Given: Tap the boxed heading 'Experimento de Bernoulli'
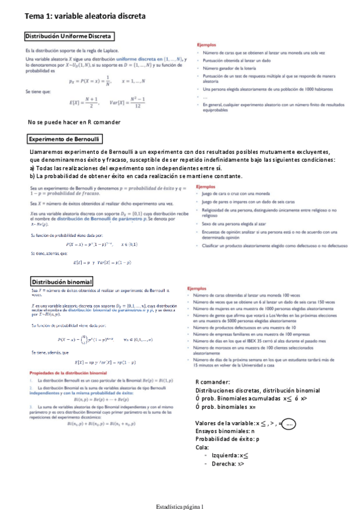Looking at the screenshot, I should [x=64, y=139].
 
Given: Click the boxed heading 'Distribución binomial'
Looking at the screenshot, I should [x=61, y=281].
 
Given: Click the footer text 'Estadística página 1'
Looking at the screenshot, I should [x=179, y=506].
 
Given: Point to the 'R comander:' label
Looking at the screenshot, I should [x=213, y=382].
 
